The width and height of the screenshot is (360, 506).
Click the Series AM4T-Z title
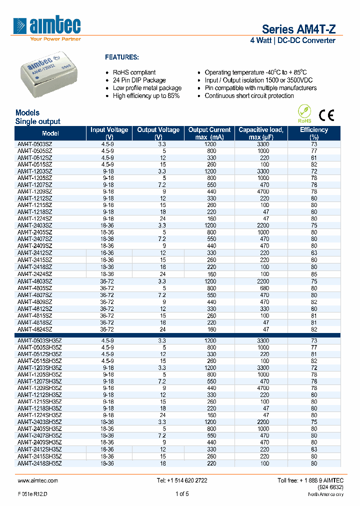pyautogui.click(x=298, y=29)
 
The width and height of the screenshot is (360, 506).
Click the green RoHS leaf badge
pyautogui.click(x=304, y=113)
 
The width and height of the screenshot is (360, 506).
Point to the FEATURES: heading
pyautogui.click(x=121, y=57)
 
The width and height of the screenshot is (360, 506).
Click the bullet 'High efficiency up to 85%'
pyautogui.click(x=146, y=95)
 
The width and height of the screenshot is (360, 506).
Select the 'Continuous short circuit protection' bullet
pyautogui.click(x=249, y=95)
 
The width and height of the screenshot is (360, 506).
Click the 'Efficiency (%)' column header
pyautogui.click(x=313, y=133)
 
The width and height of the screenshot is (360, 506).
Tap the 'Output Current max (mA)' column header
pyautogui.click(x=209, y=133)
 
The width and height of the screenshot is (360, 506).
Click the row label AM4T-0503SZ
pyautogui.click(x=34, y=144)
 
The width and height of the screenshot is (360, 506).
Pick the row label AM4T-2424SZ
pyautogui.click(x=34, y=274)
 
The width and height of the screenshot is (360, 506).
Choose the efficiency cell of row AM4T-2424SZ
pyautogui.click(x=313, y=274)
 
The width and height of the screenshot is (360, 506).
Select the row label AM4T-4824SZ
pyautogui.click(x=34, y=329)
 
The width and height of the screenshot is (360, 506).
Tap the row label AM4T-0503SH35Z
pyautogui.click(x=39, y=340)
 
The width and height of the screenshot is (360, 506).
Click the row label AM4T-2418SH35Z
pyautogui.click(x=39, y=462)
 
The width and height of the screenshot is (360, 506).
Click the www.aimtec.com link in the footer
pyautogui.click(x=37, y=480)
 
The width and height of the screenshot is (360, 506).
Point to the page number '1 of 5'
pyautogui.click(x=182, y=494)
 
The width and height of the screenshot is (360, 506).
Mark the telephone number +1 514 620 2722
pyautogui.click(x=182, y=480)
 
